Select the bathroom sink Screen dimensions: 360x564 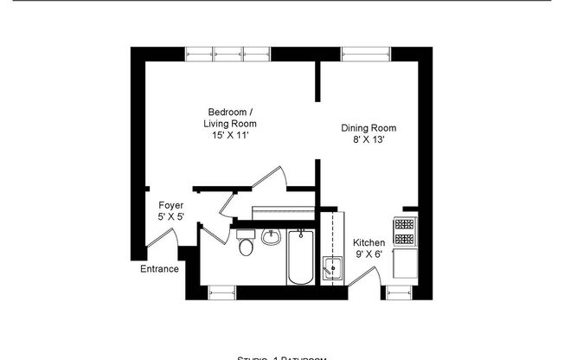[271, 237]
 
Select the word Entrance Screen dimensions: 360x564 [160, 269]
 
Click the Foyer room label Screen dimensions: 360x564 [170, 205]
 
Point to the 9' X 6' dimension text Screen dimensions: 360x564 [369, 254]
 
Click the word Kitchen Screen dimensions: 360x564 [369, 242]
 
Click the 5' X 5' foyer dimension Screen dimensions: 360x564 [170, 217]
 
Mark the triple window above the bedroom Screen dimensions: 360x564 [228, 53]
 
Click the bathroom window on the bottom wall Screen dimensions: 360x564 [221, 292]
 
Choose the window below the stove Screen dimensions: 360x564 [400, 292]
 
